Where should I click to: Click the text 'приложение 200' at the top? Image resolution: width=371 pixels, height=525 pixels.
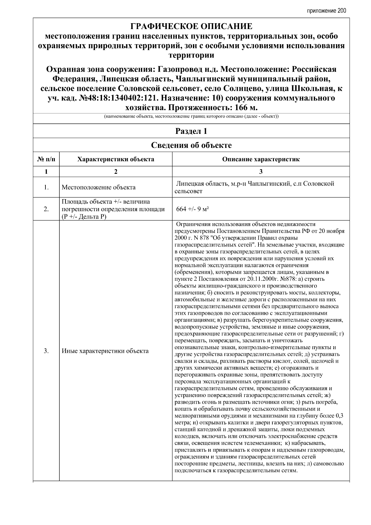click(326, 11)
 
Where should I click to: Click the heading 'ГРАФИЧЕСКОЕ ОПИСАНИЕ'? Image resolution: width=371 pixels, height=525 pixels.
click(191, 26)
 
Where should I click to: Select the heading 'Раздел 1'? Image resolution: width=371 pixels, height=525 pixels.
click(191, 131)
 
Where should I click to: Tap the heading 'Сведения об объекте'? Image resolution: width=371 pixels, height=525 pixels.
click(191, 145)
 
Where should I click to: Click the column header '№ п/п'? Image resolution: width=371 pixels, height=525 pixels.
click(46, 160)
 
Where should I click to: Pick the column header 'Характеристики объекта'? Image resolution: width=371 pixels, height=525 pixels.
click(116, 160)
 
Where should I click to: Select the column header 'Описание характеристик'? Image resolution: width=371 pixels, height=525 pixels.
click(261, 160)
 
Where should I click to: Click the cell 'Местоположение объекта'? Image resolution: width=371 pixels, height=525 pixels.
click(98, 187)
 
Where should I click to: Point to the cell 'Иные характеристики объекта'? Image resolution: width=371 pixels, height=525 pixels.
click(105, 351)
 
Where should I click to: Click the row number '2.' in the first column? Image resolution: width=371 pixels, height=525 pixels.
click(46, 209)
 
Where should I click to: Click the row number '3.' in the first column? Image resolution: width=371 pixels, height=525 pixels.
click(46, 351)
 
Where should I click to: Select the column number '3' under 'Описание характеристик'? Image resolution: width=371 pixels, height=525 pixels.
click(261, 172)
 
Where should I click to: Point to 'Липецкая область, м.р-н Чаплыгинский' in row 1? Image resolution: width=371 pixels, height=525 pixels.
click(235, 184)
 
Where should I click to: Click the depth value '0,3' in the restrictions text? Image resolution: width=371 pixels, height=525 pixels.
click(339, 415)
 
